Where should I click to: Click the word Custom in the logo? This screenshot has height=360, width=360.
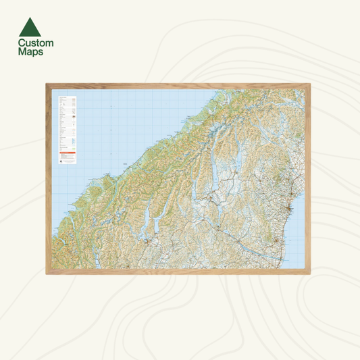click(x=36, y=43)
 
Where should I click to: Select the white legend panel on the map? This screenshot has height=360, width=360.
click(x=67, y=132)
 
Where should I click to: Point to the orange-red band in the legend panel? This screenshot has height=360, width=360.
click(x=67, y=153)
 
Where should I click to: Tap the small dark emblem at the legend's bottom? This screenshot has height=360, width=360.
click(x=61, y=162)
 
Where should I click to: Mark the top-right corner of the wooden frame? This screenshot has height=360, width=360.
click(x=312, y=84)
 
